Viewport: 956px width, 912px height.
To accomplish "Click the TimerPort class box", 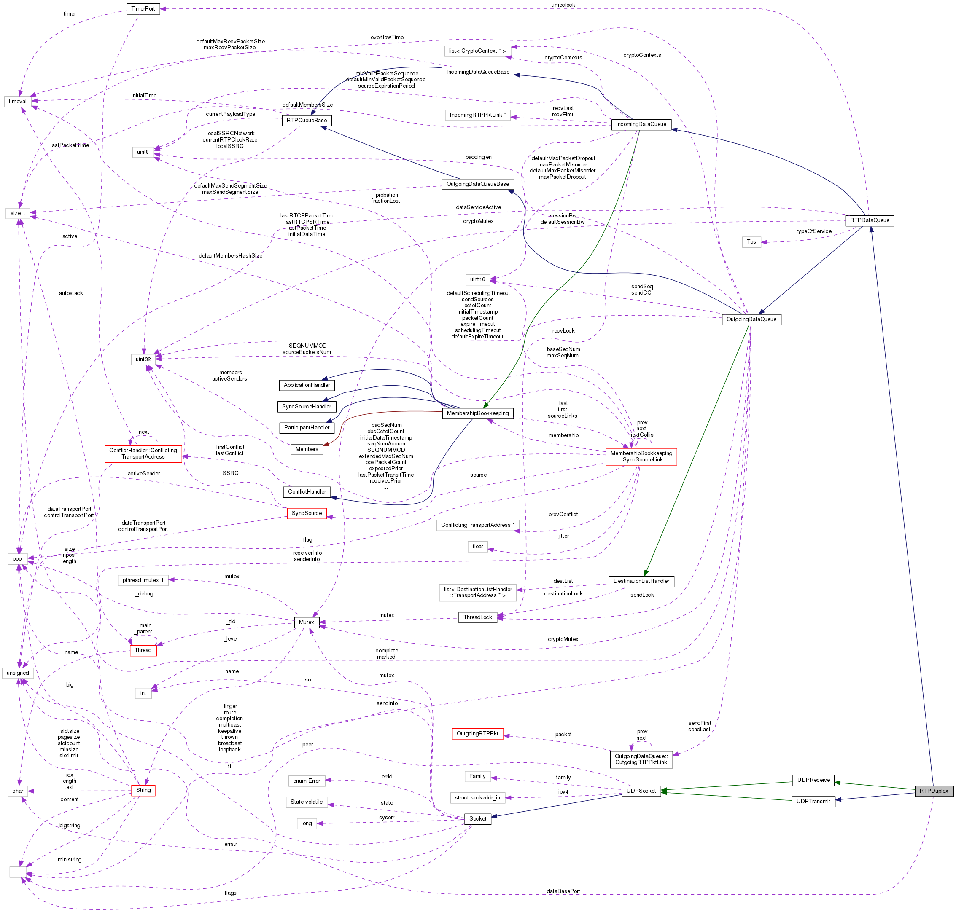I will (143, 9).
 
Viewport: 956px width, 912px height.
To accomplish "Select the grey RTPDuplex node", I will (933, 791).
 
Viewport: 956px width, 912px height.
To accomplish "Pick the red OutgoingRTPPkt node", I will (477, 733).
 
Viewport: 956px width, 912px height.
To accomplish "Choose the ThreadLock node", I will (477, 617).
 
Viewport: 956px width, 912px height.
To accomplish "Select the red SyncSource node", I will (307, 513).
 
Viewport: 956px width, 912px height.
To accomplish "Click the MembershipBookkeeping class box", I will (477, 413).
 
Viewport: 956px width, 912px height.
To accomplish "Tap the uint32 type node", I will (143, 359).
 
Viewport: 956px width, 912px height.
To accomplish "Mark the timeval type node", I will (18, 101).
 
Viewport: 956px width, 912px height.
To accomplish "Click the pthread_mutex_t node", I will (143, 580).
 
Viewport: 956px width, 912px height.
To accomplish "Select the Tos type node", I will (751, 241).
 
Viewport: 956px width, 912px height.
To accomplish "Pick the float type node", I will (477, 547).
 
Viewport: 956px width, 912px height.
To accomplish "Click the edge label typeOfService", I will (813, 231).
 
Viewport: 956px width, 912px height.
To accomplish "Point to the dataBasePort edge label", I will (563, 891).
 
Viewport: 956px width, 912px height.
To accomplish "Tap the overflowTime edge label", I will (387, 38).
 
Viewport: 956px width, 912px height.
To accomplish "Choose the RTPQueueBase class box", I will (307, 120).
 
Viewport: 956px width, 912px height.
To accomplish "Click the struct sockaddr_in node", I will (477, 797).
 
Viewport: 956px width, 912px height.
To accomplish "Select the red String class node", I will (143, 790).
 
